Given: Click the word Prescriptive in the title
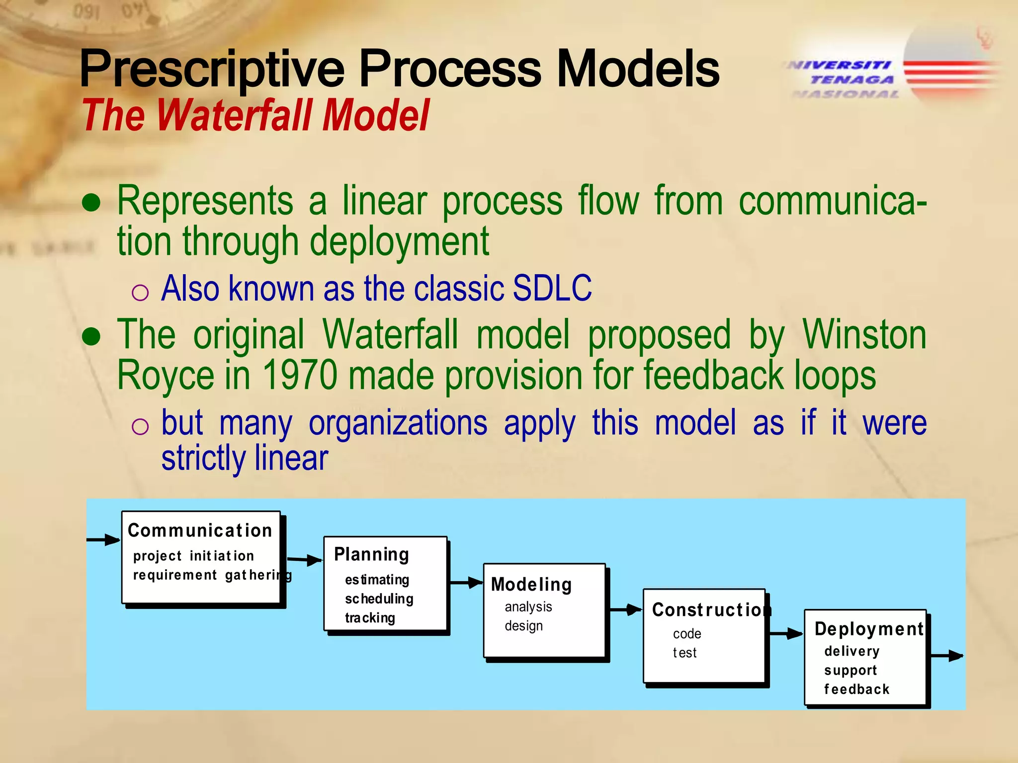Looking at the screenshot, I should click(211, 70).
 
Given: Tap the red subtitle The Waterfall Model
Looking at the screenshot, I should click(255, 115).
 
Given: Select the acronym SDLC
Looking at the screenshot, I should click(552, 288).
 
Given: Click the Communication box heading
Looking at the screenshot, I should click(200, 531).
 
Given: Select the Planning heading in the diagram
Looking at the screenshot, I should click(371, 554).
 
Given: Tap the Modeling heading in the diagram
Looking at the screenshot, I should click(531, 585).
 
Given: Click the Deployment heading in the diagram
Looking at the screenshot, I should click(868, 629).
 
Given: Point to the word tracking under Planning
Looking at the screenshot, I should click(370, 618).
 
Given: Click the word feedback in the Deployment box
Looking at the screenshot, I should click(856, 689).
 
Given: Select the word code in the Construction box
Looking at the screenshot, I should click(687, 634).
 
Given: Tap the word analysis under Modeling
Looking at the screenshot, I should click(528, 607).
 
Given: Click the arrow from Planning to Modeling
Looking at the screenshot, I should click(466, 583).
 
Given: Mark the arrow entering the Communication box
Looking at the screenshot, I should click(104, 540).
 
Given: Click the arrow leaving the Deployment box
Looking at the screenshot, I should click(946, 656).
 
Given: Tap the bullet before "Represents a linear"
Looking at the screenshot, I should click(91, 203).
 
